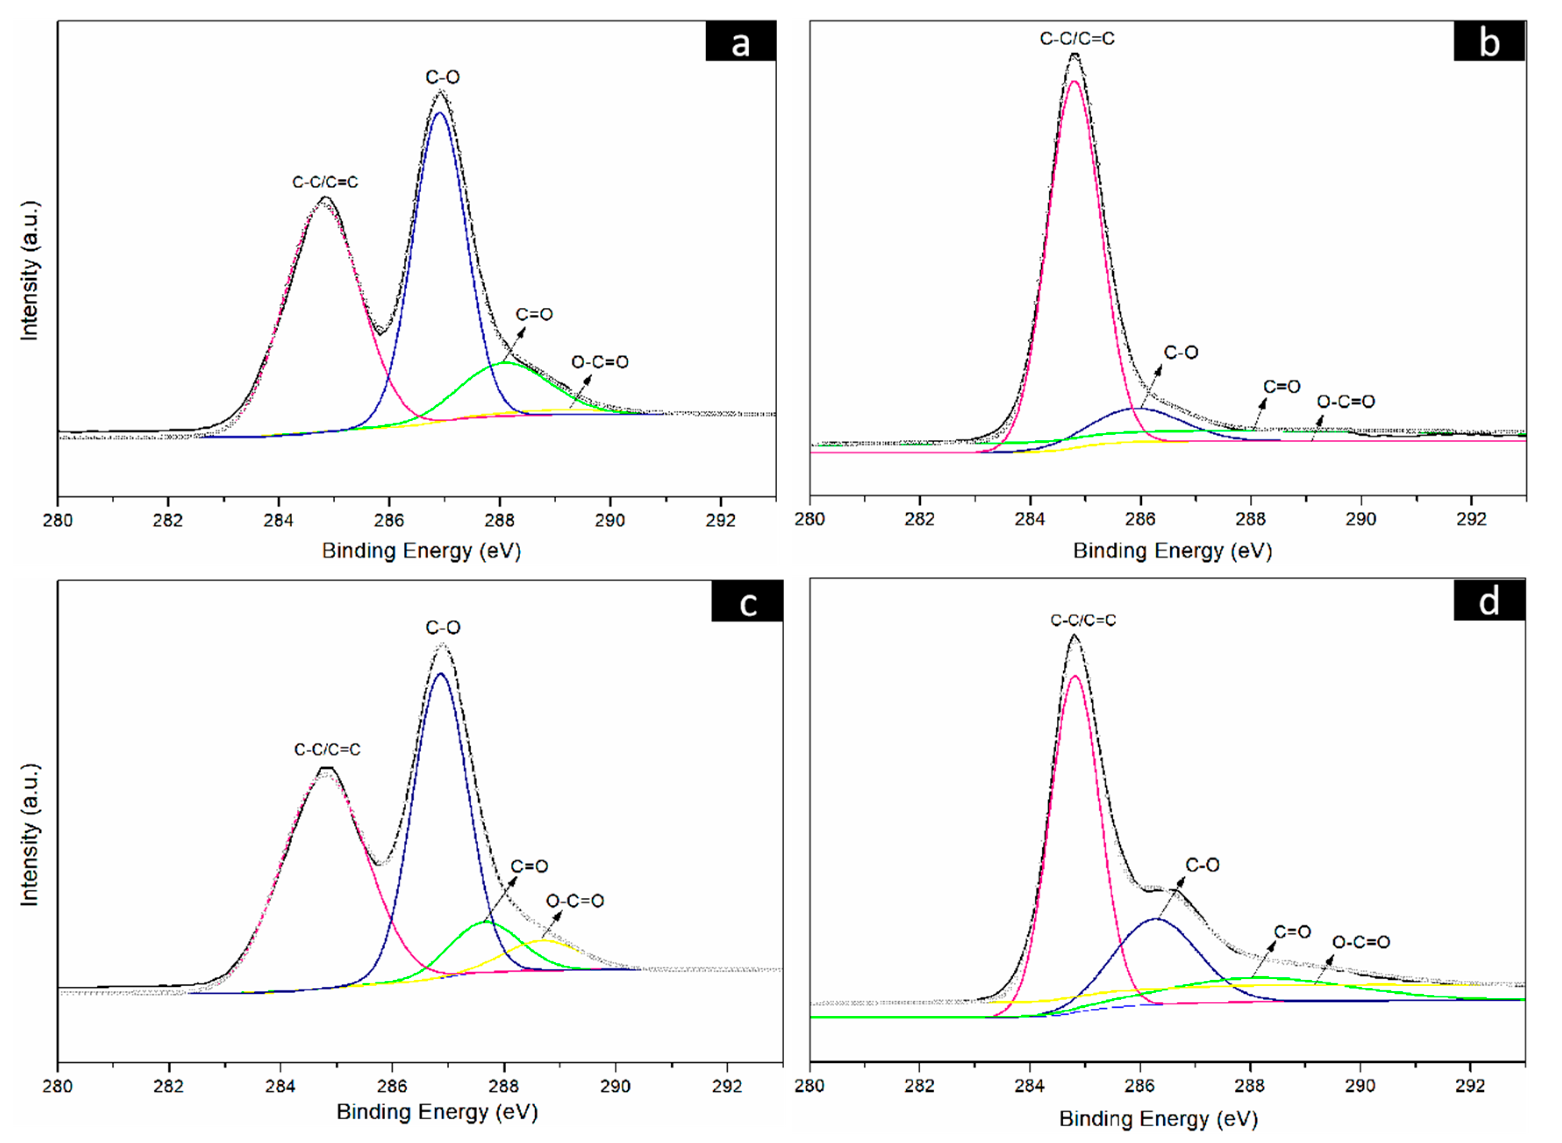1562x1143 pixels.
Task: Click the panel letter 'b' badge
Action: [1489, 41]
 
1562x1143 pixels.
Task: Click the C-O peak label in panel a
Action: [443, 77]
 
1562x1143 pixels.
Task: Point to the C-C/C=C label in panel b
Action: [1077, 39]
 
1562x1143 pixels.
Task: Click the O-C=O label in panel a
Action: [600, 362]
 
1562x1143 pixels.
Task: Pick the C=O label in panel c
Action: [529, 866]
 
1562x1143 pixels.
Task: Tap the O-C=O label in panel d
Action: [1361, 943]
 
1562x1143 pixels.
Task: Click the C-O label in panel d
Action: [1202, 865]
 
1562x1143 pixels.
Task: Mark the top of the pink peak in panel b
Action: [1074, 81]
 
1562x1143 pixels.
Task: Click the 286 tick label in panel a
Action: [389, 520]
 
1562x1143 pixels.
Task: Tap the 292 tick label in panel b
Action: [1471, 519]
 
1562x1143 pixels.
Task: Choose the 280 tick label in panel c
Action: [57, 1086]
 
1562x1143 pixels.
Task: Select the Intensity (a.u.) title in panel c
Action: [29, 835]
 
